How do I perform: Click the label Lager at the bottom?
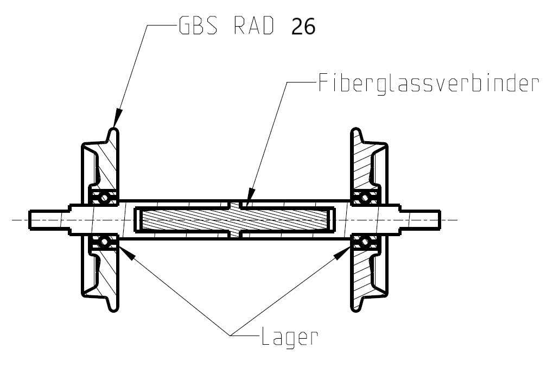pos(288,338)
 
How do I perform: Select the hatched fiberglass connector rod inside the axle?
pos(236,220)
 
